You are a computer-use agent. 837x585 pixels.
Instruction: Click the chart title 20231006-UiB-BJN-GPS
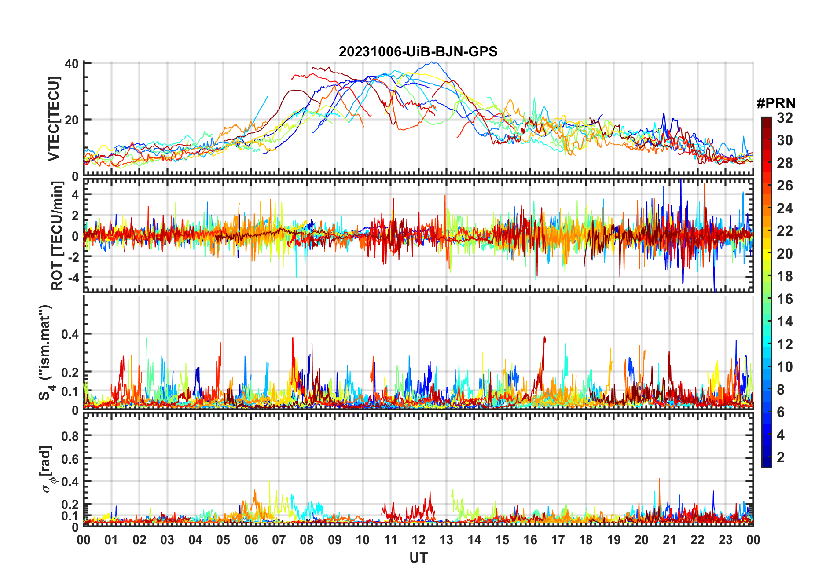pyautogui.click(x=418, y=52)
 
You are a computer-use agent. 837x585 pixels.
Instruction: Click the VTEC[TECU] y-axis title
pyautogui.click(x=54, y=119)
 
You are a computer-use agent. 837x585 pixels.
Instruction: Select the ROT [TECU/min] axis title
pyautogui.click(x=57, y=236)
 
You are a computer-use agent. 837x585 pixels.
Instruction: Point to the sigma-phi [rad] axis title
pyautogui.click(x=47, y=469)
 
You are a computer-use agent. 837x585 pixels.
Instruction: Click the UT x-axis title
pyautogui.click(x=418, y=558)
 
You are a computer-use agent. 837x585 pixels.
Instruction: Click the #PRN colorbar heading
pyautogui.click(x=776, y=103)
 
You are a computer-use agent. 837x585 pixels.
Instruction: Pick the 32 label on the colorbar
pyautogui.click(x=785, y=118)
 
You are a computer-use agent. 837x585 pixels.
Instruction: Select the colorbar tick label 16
pyautogui.click(x=785, y=299)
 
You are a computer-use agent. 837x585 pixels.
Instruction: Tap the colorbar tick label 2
pyautogui.click(x=781, y=457)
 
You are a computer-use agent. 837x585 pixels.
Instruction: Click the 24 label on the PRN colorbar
pyautogui.click(x=785, y=208)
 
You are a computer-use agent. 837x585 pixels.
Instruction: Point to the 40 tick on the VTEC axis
pyautogui.click(x=72, y=64)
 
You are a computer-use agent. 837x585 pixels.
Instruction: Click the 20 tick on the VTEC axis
pyautogui.click(x=72, y=120)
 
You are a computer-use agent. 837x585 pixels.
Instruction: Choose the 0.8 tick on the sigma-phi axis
pyautogui.click(x=70, y=436)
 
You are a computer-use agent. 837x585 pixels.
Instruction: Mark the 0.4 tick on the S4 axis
pyautogui.click(x=70, y=334)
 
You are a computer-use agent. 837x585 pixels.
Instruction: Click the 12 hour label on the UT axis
pyautogui.click(x=418, y=540)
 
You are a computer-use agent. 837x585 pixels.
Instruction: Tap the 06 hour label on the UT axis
pyautogui.click(x=251, y=540)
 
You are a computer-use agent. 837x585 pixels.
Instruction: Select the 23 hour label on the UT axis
pyautogui.click(x=725, y=540)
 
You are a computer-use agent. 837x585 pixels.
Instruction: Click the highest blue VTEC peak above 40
pyautogui.click(x=434, y=62)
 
